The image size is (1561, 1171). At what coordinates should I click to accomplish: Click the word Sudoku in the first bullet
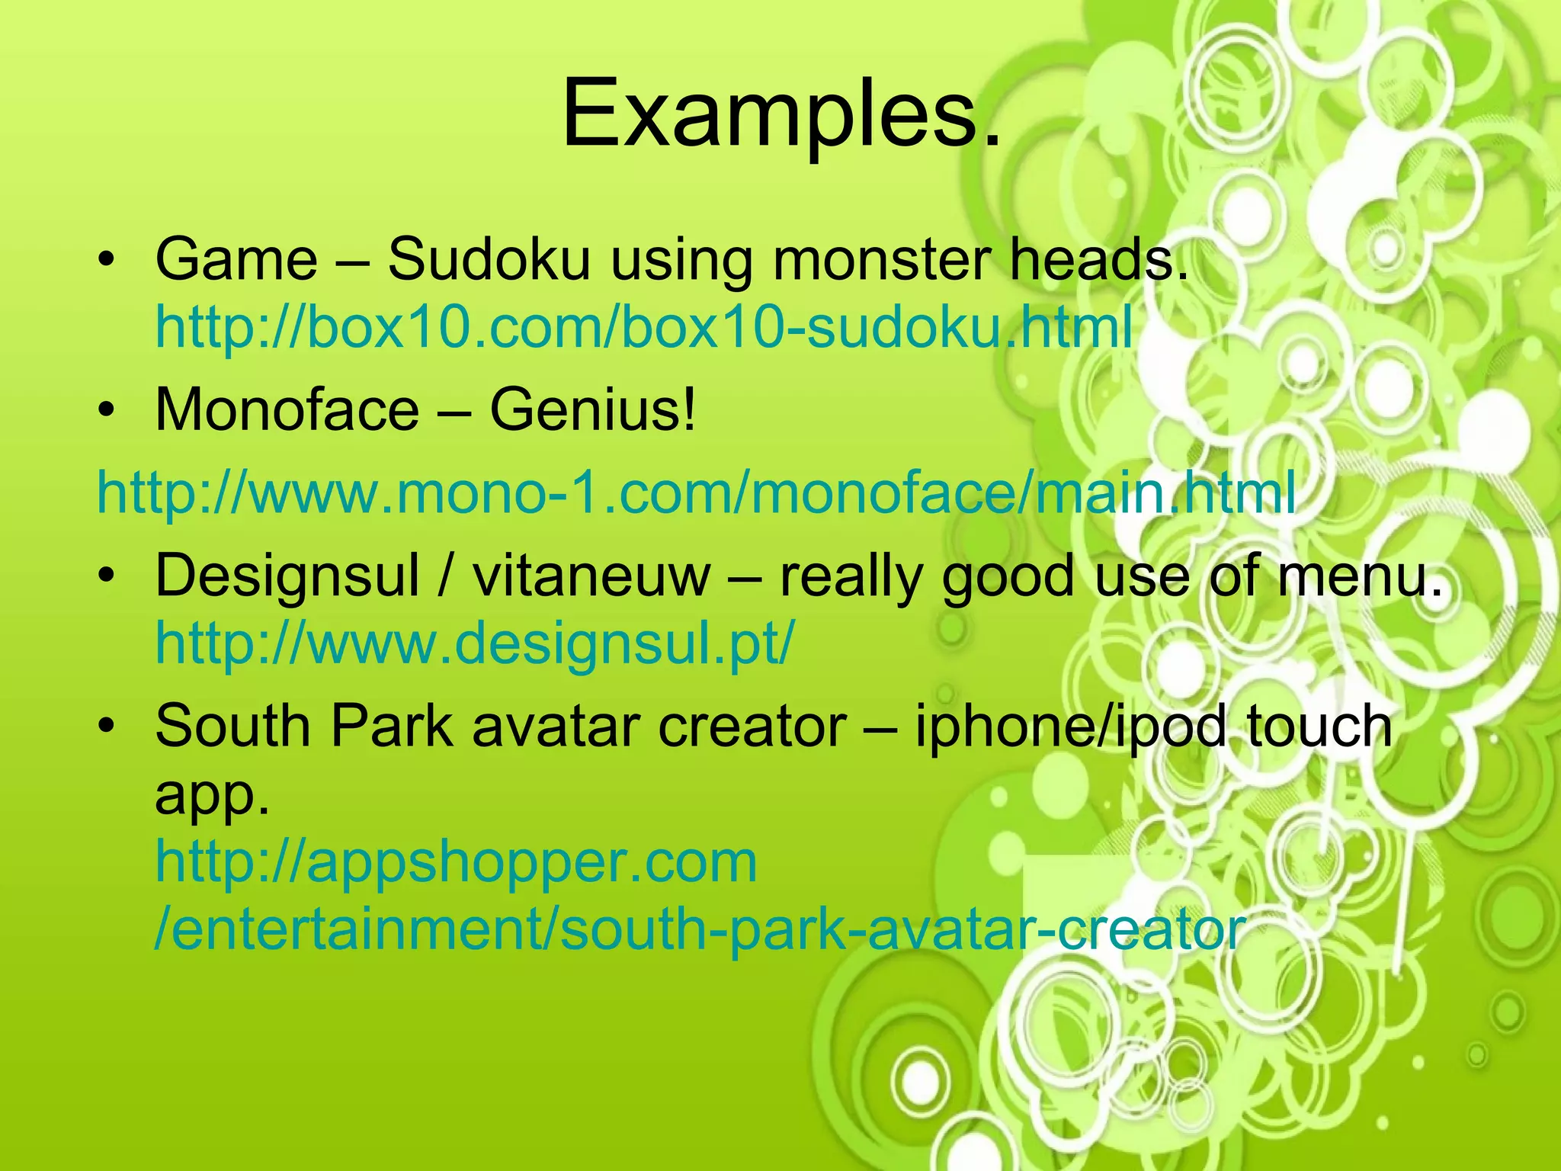(x=488, y=259)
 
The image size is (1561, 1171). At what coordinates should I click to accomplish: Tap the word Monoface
(x=287, y=410)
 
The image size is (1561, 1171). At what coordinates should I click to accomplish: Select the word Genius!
(x=592, y=410)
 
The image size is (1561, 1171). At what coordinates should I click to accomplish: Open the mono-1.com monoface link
(x=696, y=493)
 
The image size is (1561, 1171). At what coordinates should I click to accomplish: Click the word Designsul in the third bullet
(x=287, y=576)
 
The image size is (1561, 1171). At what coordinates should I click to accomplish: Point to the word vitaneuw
(x=591, y=576)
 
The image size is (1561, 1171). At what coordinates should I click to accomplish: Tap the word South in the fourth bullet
(x=232, y=726)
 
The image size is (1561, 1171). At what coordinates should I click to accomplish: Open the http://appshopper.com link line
(x=456, y=862)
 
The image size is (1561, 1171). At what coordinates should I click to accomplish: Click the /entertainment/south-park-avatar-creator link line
(x=700, y=930)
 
